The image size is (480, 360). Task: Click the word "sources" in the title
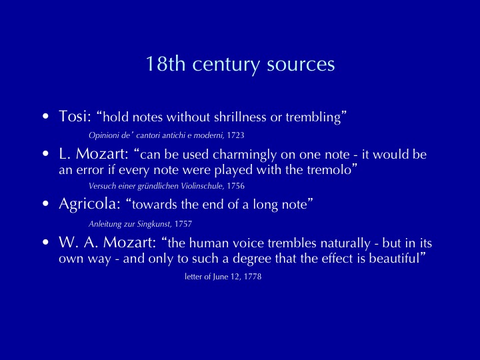(x=301, y=64)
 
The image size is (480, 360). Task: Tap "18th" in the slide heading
(x=165, y=63)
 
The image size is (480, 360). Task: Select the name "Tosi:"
(x=75, y=116)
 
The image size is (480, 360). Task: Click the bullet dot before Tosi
(x=45, y=116)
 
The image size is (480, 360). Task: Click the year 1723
(x=235, y=135)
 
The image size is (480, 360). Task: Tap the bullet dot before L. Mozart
(x=45, y=154)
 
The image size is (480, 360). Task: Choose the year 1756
(x=236, y=186)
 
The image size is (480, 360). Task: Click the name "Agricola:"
(x=90, y=204)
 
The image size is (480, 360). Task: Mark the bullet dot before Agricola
(x=45, y=203)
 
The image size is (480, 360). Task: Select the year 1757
(x=183, y=224)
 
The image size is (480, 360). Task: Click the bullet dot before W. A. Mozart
(x=45, y=242)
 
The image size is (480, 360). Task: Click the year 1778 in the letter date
(x=253, y=277)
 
